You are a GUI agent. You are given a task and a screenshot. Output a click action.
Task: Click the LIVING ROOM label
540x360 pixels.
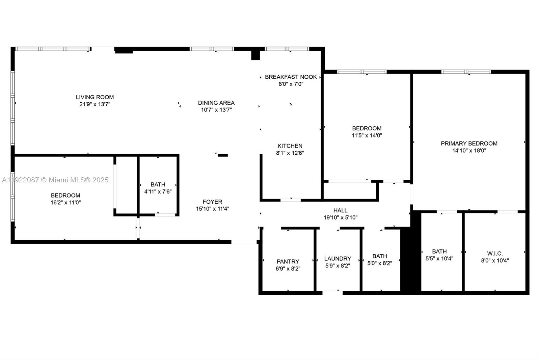pos(94,97)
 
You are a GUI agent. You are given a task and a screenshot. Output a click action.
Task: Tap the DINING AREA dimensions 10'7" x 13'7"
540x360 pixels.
pos(216,110)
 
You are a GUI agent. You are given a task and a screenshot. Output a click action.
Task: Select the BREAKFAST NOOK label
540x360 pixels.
pos(291,77)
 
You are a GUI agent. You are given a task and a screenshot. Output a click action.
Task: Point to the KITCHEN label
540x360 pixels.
pos(290,146)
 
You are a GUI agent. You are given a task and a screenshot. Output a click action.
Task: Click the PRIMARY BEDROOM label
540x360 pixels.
pos(469,144)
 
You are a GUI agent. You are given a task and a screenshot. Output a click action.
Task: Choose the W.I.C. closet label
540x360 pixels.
pos(495,254)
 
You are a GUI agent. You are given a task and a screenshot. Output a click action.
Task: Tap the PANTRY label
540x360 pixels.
pos(288,261)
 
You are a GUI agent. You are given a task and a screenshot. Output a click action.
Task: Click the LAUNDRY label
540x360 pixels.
pos(337,259)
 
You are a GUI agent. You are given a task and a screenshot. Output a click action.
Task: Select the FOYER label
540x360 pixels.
pos(212,202)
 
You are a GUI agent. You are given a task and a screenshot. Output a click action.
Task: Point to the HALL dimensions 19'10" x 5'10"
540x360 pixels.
pos(340,218)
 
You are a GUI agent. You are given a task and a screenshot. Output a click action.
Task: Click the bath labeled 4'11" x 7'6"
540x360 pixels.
pos(158,185)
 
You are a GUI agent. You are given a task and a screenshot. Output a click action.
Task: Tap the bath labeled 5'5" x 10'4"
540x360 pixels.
pos(439,252)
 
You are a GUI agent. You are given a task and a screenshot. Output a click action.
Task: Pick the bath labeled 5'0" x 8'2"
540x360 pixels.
pos(379,256)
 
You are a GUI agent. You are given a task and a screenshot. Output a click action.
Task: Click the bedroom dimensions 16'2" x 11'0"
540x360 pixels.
pos(65,203)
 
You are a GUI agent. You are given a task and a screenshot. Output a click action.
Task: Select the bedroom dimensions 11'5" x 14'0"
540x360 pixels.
pos(367,135)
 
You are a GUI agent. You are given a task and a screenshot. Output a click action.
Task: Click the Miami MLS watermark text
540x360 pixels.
pos(55,180)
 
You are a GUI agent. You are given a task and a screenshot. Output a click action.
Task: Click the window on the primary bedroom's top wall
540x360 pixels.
pos(466,72)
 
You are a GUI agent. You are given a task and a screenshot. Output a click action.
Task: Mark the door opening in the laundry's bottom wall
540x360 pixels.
pos(332,292)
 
